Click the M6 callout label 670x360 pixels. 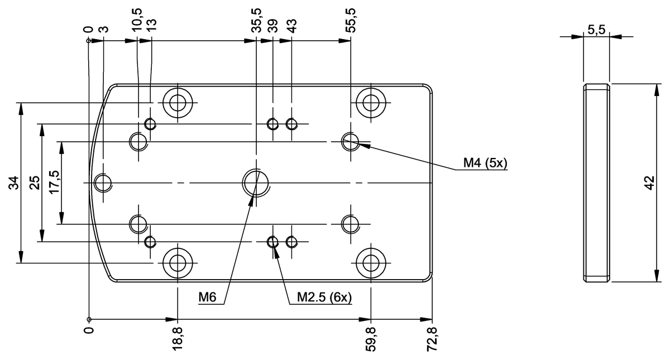point(207,298)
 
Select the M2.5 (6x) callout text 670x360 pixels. point(324,298)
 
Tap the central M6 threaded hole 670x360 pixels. point(256,181)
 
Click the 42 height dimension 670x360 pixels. point(648,183)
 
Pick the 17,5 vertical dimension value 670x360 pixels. point(54,183)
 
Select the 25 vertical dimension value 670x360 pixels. point(34,183)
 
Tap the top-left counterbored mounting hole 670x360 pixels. point(178,103)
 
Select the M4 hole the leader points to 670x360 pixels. point(350,142)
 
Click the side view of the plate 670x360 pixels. point(596,183)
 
